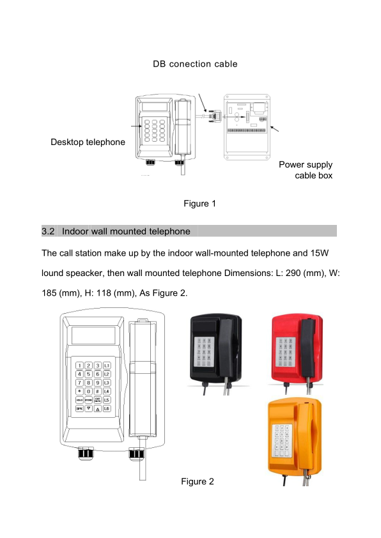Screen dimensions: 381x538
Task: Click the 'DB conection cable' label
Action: click(x=195, y=64)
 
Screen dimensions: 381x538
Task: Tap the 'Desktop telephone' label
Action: click(x=88, y=142)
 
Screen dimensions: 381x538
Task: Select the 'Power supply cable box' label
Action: click(x=306, y=170)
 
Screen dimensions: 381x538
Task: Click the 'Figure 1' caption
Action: click(x=199, y=203)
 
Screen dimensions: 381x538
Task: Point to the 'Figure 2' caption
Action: click(x=198, y=481)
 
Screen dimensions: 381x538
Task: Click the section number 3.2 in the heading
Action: click(x=48, y=231)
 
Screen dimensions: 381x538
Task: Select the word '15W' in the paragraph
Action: click(x=320, y=253)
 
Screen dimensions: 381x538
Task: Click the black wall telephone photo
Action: click(x=216, y=353)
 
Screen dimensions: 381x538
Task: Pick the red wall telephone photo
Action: click(x=297, y=353)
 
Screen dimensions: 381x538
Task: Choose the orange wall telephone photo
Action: click(x=295, y=441)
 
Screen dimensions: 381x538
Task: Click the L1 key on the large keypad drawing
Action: click(x=107, y=365)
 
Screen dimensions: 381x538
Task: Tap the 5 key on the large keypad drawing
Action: click(x=89, y=374)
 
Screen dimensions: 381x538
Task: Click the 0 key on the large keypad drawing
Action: click(x=89, y=391)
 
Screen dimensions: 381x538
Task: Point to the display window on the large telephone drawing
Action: click(x=93, y=335)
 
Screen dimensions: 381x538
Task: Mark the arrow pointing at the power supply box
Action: click(x=275, y=128)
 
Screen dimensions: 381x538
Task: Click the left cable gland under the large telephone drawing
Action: click(x=86, y=453)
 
